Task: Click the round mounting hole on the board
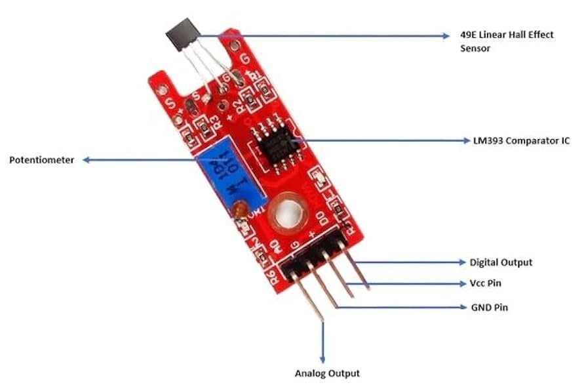(289, 216)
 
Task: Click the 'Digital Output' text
(501, 262)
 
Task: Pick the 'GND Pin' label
(488, 307)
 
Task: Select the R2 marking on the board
(242, 105)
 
